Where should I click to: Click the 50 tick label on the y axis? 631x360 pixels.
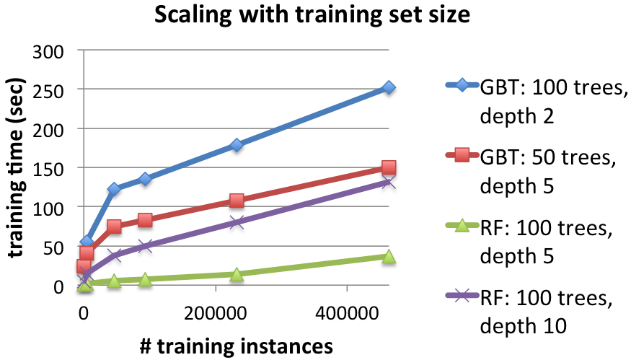click(55, 247)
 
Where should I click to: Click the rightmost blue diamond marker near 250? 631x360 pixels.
click(389, 87)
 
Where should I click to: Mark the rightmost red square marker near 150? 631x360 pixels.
click(389, 168)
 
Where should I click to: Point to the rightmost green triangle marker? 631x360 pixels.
click(389, 257)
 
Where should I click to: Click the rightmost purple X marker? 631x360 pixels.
click(389, 183)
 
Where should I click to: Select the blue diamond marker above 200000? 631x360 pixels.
click(237, 145)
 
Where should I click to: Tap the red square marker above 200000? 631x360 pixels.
click(237, 201)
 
